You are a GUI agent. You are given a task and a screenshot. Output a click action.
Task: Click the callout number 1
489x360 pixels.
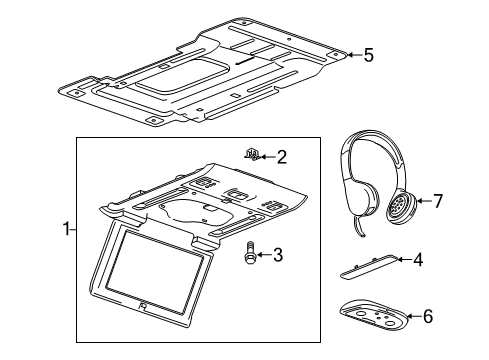[67, 229]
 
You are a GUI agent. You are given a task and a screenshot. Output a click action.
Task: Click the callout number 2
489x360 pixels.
[282, 156]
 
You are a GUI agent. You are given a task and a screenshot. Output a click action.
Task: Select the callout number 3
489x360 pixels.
[278, 255]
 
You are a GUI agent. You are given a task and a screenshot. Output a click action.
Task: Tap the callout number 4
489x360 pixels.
[418, 260]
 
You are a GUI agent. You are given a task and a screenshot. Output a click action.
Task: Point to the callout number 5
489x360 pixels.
[368, 55]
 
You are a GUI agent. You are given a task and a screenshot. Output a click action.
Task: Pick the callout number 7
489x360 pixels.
[436, 202]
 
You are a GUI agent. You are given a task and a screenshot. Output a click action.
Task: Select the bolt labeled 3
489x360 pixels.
[248, 255]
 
